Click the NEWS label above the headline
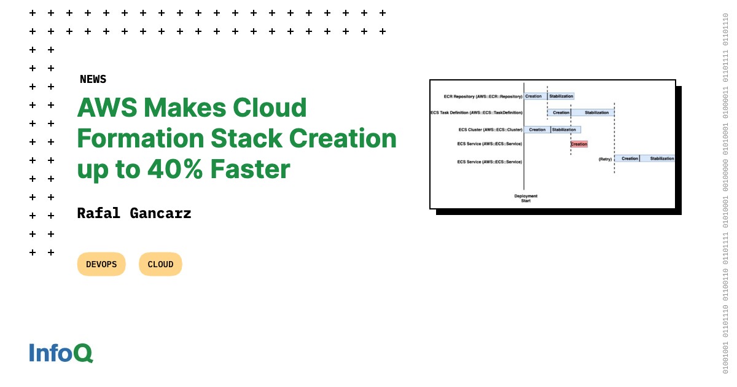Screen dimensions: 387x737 (x=93, y=79)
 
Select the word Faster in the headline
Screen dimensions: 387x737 (x=251, y=169)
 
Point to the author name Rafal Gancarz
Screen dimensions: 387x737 (x=134, y=214)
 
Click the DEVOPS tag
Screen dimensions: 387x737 (x=101, y=264)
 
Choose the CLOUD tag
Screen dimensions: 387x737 (x=160, y=264)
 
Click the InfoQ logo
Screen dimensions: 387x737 (x=61, y=353)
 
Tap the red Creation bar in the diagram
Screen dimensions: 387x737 (x=579, y=144)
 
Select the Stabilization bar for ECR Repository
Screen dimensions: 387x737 (x=561, y=96)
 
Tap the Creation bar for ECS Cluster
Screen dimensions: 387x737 (x=537, y=130)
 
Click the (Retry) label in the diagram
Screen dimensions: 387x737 (x=605, y=159)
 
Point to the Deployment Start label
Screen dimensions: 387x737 (x=526, y=198)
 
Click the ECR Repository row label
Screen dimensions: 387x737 (x=483, y=96)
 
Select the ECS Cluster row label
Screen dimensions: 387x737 (x=490, y=130)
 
